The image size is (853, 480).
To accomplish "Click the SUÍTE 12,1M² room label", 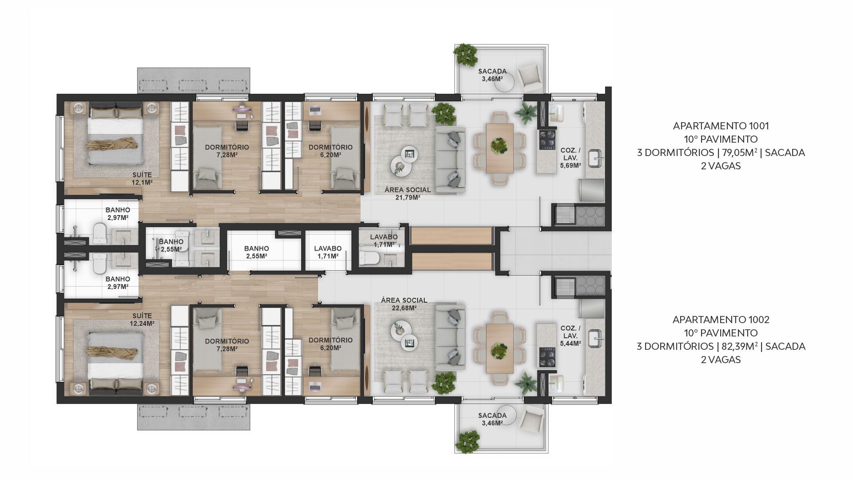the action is coord(142,179).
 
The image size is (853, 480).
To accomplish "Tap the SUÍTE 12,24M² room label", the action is coord(142,320).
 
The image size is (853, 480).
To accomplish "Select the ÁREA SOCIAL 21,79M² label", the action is coord(407,193).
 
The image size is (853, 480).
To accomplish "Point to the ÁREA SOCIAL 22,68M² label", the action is coord(404,304).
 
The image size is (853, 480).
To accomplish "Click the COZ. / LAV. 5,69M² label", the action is coord(570,158).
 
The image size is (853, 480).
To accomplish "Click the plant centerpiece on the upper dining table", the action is coord(500,145).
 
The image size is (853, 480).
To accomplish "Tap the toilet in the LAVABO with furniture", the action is coord(368,258).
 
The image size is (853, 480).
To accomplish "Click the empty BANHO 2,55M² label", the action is coord(256,252).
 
